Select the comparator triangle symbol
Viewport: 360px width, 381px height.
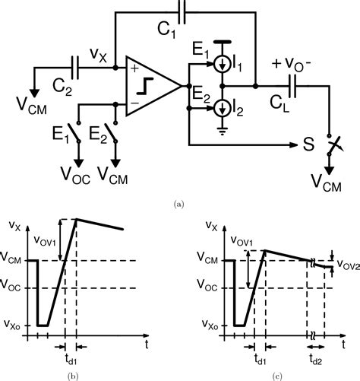click(150, 86)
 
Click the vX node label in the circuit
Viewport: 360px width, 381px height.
click(98, 55)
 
